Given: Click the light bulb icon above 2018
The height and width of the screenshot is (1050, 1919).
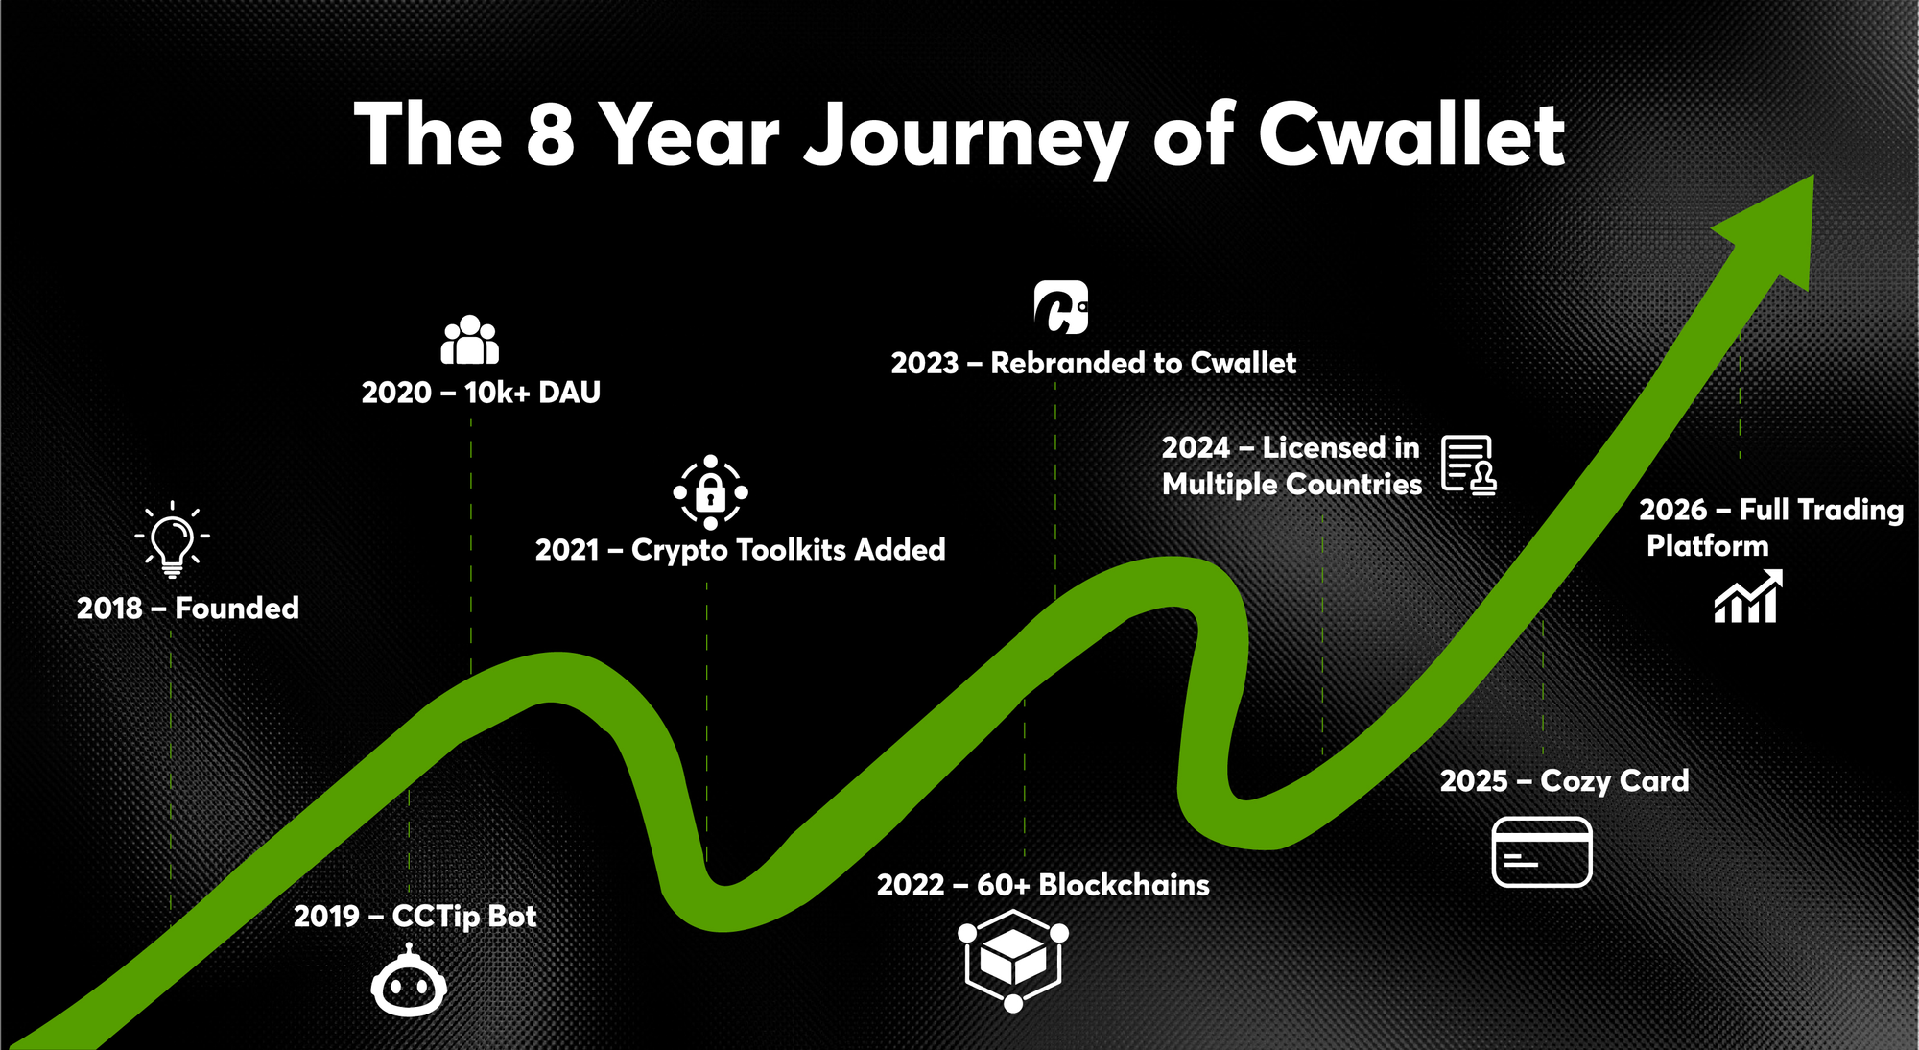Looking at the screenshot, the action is tap(173, 539).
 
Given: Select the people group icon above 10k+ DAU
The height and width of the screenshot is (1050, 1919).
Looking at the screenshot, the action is tap(470, 340).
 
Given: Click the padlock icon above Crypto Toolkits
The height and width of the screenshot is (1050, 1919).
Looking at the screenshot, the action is tap(710, 492).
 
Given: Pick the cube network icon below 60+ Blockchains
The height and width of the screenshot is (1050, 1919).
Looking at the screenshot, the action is tap(1013, 961).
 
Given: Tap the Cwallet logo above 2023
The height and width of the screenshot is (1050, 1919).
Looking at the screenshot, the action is tap(1061, 307).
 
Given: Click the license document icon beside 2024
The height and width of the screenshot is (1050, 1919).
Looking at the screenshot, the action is tap(1469, 465).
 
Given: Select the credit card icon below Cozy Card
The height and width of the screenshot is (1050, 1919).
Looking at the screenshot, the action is tap(1542, 852).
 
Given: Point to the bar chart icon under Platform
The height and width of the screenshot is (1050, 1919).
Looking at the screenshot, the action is tap(1748, 596).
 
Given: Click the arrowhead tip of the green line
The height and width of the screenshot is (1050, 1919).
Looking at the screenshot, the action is tap(1812, 176).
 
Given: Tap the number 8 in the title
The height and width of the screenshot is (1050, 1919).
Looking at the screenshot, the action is tap(551, 133).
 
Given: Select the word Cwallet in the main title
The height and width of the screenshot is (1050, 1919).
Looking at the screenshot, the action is tap(1411, 133).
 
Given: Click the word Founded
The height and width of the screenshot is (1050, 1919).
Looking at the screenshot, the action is tap(237, 608).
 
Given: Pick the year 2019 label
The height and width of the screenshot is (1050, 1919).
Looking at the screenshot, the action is tap(326, 916).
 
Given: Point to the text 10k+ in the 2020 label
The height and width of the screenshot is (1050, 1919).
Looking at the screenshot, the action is tap(497, 392).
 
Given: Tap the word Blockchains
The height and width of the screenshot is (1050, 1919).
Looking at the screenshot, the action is tap(1124, 884).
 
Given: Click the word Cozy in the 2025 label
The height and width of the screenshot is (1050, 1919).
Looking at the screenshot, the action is tap(1575, 782).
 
